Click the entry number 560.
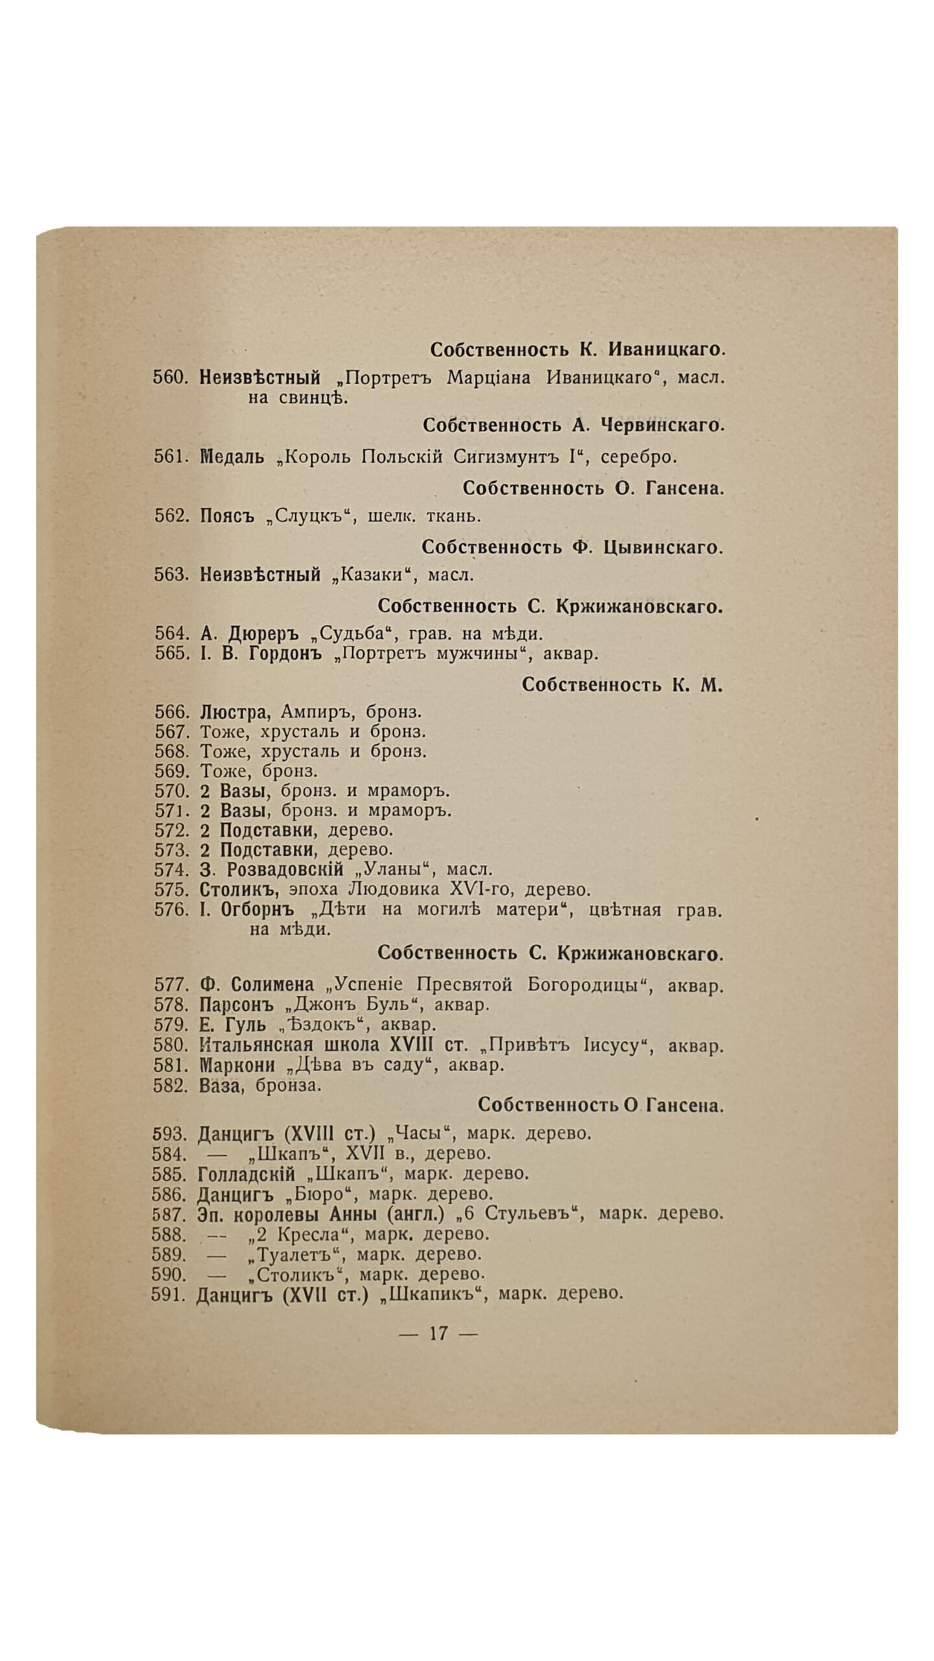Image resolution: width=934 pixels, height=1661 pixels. [x=170, y=377]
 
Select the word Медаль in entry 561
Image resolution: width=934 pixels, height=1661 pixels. [x=232, y=457]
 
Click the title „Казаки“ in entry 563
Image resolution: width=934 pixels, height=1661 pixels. [x=376, y=575]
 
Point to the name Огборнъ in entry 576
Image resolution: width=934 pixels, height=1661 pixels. [x=257, y=910]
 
